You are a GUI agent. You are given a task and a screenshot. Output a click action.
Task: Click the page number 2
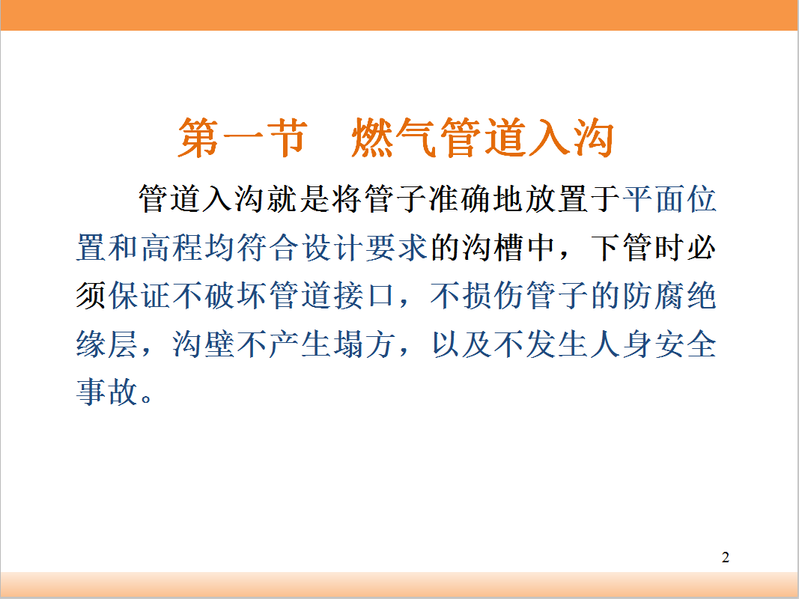pyautogui.click(x=726, y=557)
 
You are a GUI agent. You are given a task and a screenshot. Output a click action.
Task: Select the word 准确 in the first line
pyautogui.click(x=460, y=198)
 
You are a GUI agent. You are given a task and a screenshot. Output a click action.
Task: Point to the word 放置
pyautogui.click(x=556, y=198)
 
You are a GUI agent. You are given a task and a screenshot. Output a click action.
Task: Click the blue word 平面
pyautogui.click(x=653, y=198)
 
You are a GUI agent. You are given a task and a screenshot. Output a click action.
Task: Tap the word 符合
pyautogui.click(x=268, y=248)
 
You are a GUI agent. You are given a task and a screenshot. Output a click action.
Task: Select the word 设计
pyautogui.click(x=332, y=248)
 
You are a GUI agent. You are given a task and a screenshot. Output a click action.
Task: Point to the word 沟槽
pyautogui.click(x=493, y=248)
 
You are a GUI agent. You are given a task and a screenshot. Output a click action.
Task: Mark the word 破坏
pyautogui.click(x=236, y=296)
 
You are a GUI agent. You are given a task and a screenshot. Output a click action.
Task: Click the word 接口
pyautogui.click(x=365, y=296)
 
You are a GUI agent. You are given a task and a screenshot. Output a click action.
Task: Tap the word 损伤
pyautogui.click(x=493, y=296)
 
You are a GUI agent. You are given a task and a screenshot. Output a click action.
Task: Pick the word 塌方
pyautogui.click(x=365, y=344)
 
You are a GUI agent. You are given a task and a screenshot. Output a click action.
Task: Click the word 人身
pyautogui.click(x=622, y=344)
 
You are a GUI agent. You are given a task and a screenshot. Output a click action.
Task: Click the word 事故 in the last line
pyautogui.click(x=108, y=392)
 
